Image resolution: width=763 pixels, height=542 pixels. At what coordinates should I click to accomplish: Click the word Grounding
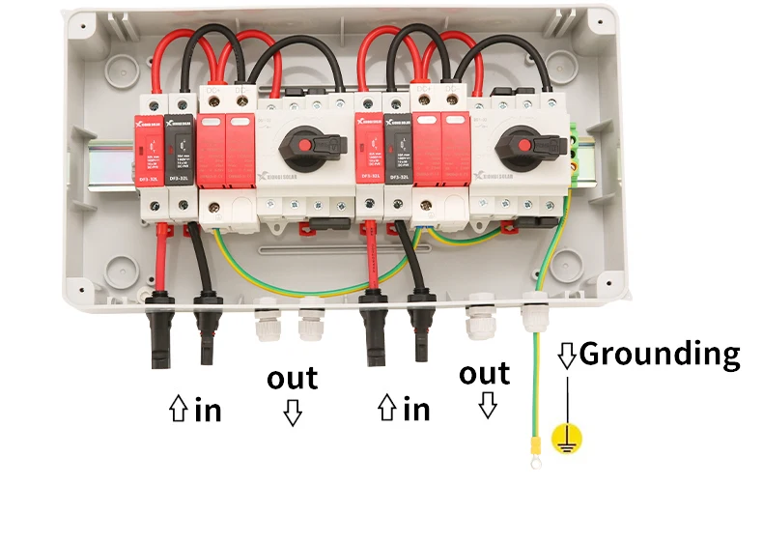[x=660, y=355]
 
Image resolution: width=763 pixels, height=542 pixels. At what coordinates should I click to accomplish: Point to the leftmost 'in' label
[x=208, y=410]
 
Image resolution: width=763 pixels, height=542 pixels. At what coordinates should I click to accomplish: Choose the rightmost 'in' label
[x=416, y=409]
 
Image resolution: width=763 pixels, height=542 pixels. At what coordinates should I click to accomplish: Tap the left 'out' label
[x=293, y=378]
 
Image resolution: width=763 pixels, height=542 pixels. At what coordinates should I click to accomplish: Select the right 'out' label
[x=484, y=373]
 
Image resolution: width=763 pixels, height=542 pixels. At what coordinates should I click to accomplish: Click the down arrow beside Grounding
[x=567, y=356]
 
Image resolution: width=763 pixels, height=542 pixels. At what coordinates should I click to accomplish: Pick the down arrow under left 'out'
[x=293, y=414]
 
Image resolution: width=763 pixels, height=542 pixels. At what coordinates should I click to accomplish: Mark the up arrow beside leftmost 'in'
[x=179, y=411]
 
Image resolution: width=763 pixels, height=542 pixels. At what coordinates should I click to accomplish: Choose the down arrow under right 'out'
[x=488, y=405]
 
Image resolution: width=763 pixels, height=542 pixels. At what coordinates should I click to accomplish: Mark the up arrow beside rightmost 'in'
[x=387, y=410]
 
